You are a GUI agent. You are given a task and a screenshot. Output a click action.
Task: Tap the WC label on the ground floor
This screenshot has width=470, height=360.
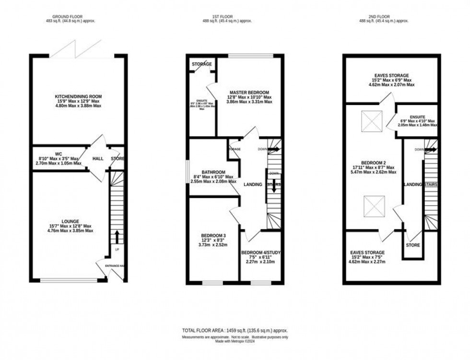coord(59,154)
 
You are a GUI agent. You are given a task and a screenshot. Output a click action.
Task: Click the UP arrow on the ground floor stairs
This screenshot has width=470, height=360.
coord(116,237)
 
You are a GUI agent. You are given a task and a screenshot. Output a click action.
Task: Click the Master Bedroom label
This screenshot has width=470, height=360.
coord(249,93)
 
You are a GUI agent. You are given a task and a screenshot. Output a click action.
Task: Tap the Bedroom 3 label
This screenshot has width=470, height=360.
coord(213,235)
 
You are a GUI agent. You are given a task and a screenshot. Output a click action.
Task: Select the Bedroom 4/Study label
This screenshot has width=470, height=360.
coord(261,253)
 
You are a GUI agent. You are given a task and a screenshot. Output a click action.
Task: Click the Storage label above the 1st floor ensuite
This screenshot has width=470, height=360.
coord(202,64)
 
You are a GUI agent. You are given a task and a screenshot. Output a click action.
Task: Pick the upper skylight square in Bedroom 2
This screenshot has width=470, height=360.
coord(371,121)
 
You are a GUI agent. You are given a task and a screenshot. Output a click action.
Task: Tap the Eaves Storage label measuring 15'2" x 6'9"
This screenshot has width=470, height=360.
coord(392,76)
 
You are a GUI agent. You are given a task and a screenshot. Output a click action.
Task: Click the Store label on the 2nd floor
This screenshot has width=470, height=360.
coord(413,245)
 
